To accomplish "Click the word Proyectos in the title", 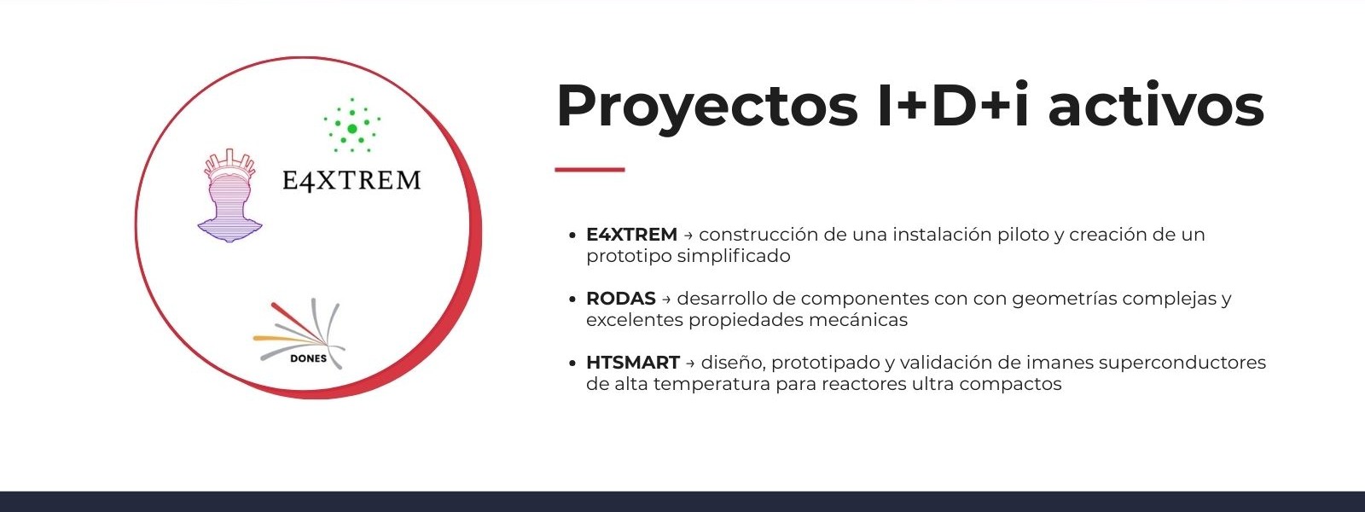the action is (x=707, y=107).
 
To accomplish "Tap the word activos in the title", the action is (x=1156, y=105).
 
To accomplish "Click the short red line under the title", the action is (x=590, y=170).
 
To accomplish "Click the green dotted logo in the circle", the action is (x=352, y=125).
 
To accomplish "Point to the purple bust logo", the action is (x=229, y=195).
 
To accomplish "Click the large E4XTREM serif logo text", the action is (x=351, y=180).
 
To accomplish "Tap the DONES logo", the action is (x=299, y=334).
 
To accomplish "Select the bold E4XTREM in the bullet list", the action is (x=632, y=235).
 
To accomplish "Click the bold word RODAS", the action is (x=621, y=299).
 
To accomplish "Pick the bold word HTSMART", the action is (x=633, y=363).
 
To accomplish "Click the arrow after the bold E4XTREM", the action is (x=688, y=236).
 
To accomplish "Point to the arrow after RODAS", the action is (x=666, y=300).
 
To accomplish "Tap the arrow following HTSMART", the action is (x=690, y=364).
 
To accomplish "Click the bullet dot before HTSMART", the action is (x=572, y=364).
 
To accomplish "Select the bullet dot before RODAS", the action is (x=572, y=300).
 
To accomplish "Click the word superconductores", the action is (x=1182, y=364).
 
